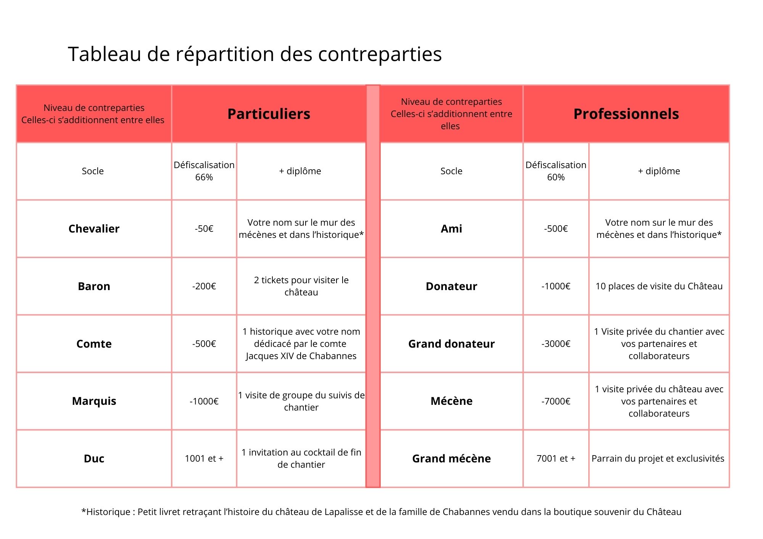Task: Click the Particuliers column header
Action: click(269, 114)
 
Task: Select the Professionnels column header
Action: click(626, 114)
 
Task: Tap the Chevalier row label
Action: click(94, 229)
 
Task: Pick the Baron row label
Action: click(94, 286)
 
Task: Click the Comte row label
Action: click(94, 344)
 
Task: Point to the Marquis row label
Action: click(94, 401)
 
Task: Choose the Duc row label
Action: click(94, 459)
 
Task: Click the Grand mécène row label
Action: click(451, 459)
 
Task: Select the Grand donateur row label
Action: click(451, 344)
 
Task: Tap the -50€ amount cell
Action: click(204, 229)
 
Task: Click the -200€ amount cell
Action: click(204, 286)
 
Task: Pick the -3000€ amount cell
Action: click(556, 344)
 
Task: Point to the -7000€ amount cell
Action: click(556, 401)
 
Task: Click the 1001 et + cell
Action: click(204, 459)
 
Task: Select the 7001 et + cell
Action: click(556, 459)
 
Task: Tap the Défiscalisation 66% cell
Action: click(204, 171)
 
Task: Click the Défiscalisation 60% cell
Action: click(556, 171)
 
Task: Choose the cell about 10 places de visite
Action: click(659, 286)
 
